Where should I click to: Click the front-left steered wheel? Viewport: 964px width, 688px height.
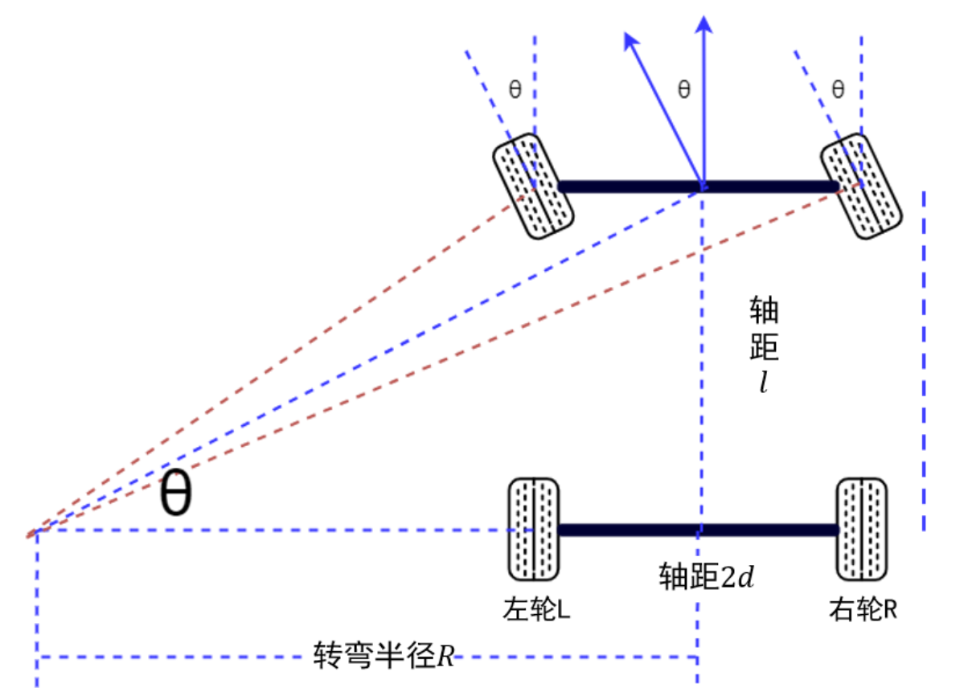click(532, 186)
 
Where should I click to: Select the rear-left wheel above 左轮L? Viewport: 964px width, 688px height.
click(533, 530)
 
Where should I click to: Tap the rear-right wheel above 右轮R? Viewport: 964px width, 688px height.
click(861, 530)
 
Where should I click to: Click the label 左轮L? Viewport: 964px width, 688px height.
click(537, 610)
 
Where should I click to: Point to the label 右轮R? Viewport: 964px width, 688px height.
click(863, 610)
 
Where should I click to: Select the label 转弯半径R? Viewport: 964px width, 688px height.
click(384, 656)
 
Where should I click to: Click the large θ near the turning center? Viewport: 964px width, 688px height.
click(175, 494)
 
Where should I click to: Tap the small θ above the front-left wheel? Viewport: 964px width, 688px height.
click(515, 89)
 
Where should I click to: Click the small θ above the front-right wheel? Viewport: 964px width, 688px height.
click(838, 89)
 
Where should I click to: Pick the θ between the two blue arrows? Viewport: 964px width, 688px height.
click(683, 89)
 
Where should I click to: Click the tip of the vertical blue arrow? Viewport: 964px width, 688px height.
click(705, 18)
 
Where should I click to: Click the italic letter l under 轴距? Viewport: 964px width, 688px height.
click(765, 382)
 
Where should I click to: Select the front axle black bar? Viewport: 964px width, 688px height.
click(698, 186)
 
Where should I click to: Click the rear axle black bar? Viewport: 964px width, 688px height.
click(698, 530)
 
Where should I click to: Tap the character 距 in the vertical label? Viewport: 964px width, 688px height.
click(764, 347)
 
